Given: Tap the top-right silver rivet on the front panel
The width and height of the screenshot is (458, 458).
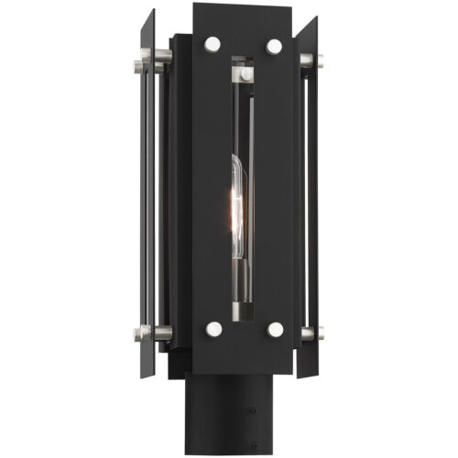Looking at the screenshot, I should (x=274, y=45).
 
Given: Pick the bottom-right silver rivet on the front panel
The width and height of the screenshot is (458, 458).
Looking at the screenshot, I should (x=274, y=329).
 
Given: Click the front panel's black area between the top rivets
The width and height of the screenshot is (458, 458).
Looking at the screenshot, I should (x=243, y=37).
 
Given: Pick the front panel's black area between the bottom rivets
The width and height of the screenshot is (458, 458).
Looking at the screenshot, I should (x=243, y=339).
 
